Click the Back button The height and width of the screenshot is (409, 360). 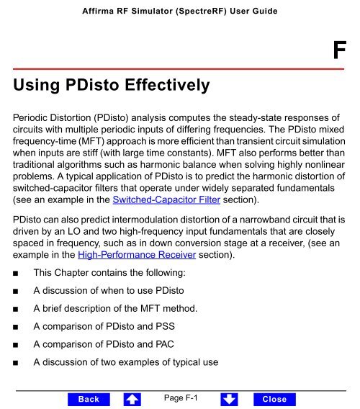[x=89, y=399]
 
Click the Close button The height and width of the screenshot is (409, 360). [x=274, y=399]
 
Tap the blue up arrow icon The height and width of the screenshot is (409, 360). [x=130, y=399]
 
